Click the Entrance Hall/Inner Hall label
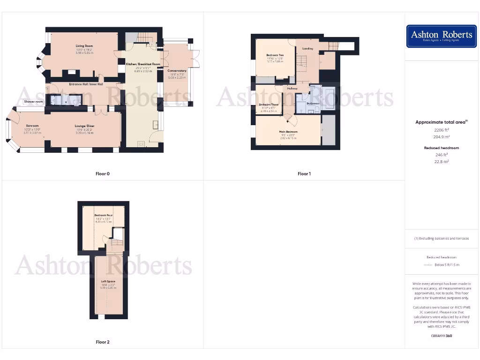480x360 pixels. coord(80,84)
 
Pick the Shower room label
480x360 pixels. coord(34,101)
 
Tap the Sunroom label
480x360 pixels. coord(32,126)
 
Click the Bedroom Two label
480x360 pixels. coord(275,55)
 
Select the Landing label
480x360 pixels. coord(307,48)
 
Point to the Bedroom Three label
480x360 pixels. coord(269,104)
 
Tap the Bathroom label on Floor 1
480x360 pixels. coord(313,103)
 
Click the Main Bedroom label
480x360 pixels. coord(289,132)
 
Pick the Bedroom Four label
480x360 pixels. coord(103,215)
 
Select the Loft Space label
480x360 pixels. coord(108,281)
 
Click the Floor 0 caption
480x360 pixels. coord(102,174)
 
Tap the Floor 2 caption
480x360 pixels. coord(102,342)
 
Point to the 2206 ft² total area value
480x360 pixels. coord(441,129)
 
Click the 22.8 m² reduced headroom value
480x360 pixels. coord(441,161)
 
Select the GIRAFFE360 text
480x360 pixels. coord(441,336)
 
